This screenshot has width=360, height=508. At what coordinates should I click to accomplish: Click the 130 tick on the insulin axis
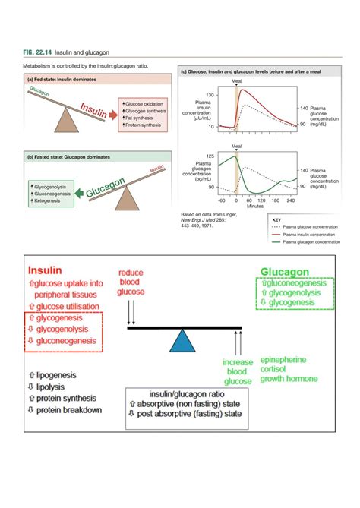(x=210, y=94)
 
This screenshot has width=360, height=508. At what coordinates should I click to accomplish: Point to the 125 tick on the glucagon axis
(x=210, y=155)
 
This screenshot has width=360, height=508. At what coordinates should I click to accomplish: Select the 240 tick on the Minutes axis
(x=292, y=200)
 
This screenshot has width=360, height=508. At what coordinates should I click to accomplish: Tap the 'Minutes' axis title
(x=255, y=206)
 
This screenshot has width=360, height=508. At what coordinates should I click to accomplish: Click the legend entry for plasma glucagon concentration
(x=311, y=242)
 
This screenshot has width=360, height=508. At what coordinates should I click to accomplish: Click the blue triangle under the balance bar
(x=184, y=341)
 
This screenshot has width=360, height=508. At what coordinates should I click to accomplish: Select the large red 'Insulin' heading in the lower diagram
(x=45, y=270)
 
